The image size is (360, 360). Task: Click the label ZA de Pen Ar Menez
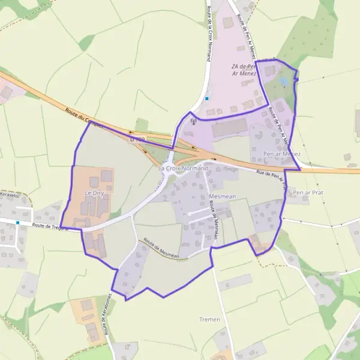[x=243, y=70]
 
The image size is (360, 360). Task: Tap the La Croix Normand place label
[x=183, y=169]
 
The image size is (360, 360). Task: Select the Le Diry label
[x=95, y=193]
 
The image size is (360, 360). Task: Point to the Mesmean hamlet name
[x=223, y=196]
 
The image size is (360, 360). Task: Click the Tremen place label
[x=209, y=319]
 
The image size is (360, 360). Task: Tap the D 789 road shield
[x=137, y=140]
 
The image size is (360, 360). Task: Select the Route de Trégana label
[x=50, y=226]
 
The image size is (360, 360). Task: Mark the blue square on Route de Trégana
[x=18, y=223]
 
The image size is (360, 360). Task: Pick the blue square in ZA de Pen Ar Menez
[x=207, y=98]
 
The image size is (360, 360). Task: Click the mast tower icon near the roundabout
[x=193, y=122]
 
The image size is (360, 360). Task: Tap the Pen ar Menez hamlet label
[x=281, y=154]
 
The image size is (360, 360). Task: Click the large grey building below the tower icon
[x=229, y=127]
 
